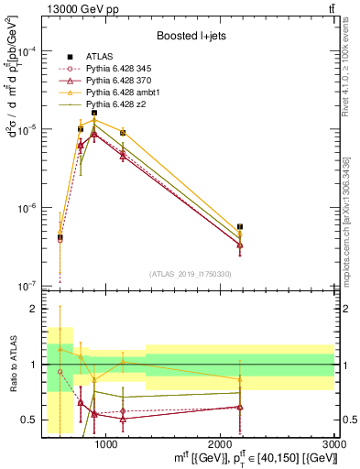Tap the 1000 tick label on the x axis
(x=106, y=444)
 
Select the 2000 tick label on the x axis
(x=221, y=444)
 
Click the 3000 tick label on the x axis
(x=333, y=444)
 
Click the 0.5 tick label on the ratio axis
(x=30, y=420)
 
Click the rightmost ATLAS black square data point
(x=240, y=226)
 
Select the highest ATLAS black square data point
(x=93, y=113)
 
